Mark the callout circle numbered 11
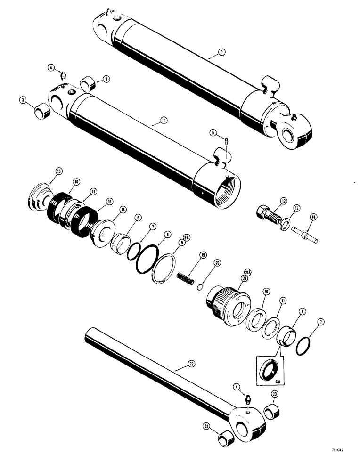coord(283,300)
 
